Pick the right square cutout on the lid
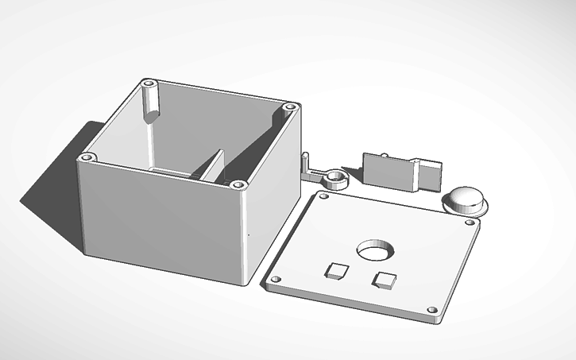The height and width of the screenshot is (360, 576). (385, 278)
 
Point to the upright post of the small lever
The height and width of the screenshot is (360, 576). (304, 161)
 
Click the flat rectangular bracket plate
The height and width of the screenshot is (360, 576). (389, 171)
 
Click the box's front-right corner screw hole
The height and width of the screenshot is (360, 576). (238, 185)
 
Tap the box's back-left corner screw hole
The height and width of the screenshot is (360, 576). (149, 83)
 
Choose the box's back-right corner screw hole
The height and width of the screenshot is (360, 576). (289, 106)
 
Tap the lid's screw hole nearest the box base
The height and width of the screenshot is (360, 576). (277, 280)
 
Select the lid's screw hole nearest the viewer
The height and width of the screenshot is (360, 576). (431, 310)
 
